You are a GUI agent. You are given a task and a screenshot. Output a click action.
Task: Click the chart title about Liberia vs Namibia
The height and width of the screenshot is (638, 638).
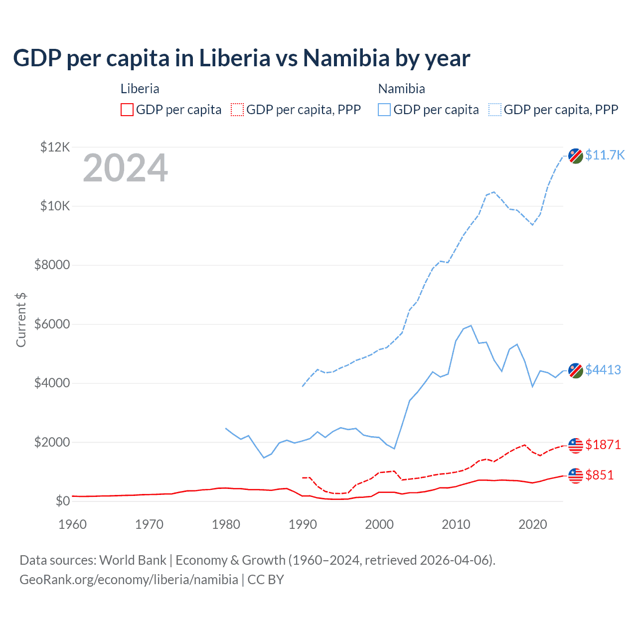click(241, 58)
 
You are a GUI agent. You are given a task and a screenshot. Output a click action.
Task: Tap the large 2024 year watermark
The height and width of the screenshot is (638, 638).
click(125, 168)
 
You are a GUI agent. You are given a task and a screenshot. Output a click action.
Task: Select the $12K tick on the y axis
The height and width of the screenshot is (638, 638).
click(55, 147)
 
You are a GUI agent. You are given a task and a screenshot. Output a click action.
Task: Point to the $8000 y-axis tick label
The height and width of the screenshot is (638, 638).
click(52, 265)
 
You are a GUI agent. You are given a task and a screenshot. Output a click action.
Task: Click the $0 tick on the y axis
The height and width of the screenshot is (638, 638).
click(63, 501)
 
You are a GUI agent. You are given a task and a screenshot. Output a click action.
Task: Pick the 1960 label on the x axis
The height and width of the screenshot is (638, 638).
click(73, 524)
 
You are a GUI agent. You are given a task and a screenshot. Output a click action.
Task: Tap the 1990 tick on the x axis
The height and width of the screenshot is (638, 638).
click(303, 524)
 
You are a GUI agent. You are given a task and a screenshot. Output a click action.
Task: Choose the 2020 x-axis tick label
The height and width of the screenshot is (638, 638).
click(533, 524)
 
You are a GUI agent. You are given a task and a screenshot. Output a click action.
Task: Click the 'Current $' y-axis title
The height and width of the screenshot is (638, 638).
click(21, 320)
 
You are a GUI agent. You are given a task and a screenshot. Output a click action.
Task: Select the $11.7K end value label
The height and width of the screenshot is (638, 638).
click(605, 155)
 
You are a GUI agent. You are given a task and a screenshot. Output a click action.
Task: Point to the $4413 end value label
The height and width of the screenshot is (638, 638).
click(603, 370)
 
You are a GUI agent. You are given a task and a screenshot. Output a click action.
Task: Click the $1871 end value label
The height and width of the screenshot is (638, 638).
click(603, 445)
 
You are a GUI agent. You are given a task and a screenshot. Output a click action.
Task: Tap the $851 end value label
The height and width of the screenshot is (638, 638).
click(600, 475)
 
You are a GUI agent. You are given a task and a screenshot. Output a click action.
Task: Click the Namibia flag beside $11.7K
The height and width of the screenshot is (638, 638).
click(576, 156)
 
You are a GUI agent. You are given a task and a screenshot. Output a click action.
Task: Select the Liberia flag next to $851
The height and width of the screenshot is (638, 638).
click(576, 476)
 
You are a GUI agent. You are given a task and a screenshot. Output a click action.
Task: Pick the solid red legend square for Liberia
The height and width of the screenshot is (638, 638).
click(127, 110)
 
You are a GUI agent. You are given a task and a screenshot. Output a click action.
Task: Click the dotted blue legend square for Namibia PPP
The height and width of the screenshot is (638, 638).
click(495, 110)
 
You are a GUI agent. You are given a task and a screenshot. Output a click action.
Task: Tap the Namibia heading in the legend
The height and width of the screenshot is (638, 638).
click(402, 89)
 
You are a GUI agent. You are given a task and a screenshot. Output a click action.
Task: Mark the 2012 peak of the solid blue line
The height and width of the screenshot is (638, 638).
click(471, 325)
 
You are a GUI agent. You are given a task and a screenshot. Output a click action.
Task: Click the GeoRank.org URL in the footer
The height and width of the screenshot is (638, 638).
click(129, 580)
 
